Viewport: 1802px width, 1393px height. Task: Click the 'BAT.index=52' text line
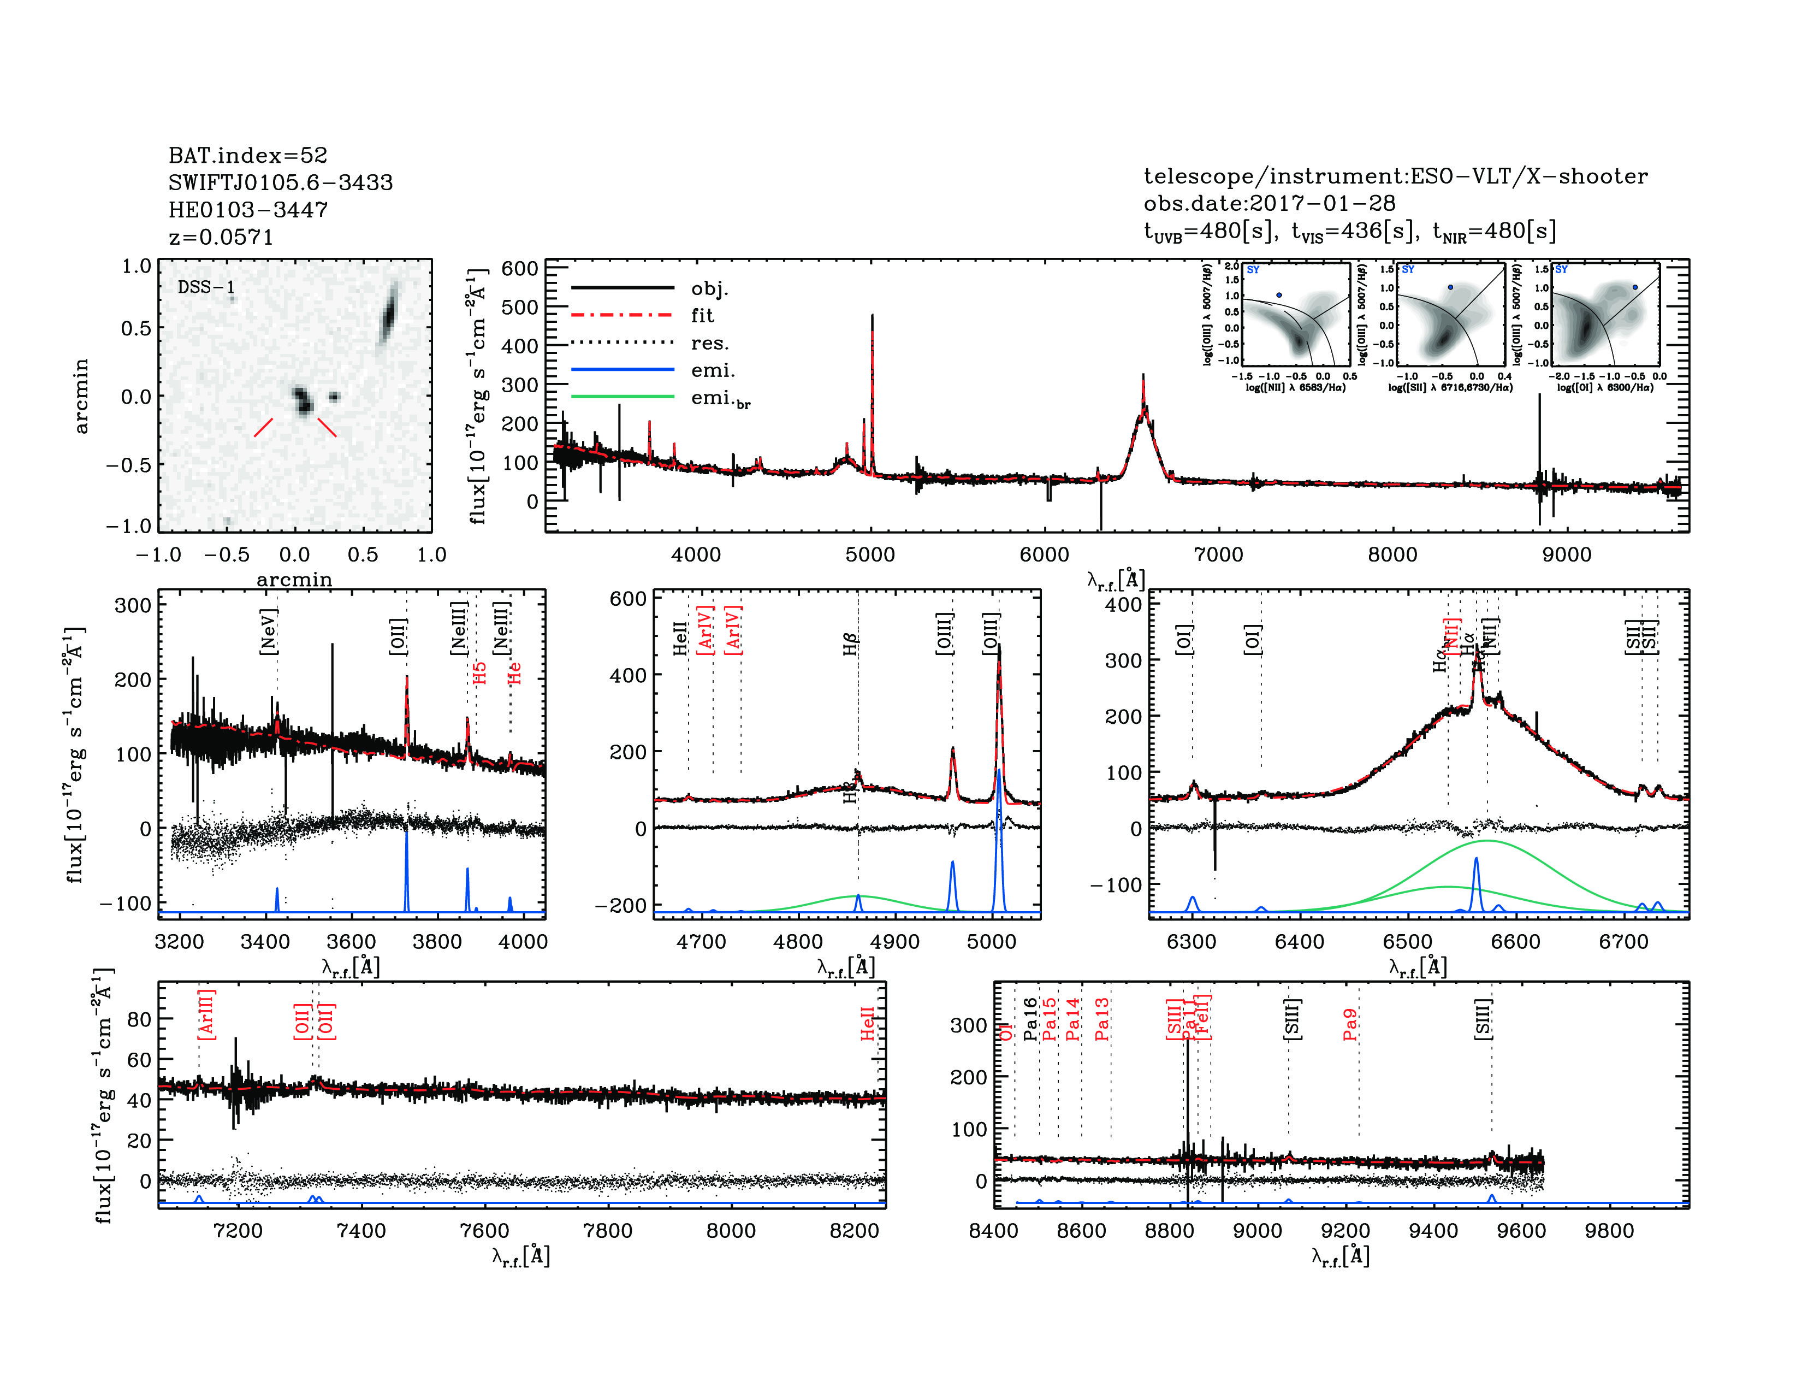coord(247,155)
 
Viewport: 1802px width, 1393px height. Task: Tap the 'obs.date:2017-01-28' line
coord(1269,203)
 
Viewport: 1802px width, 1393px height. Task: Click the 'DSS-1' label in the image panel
coord(206,287)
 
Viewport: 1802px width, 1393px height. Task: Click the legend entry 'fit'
coord(702,315)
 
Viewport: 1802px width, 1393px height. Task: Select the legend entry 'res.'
coord(709,343)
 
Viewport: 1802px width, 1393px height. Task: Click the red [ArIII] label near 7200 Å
coord(206,1014)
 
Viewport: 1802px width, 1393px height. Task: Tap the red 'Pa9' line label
coord(1350,1024)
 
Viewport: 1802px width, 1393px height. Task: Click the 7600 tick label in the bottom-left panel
coord(484,1230)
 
